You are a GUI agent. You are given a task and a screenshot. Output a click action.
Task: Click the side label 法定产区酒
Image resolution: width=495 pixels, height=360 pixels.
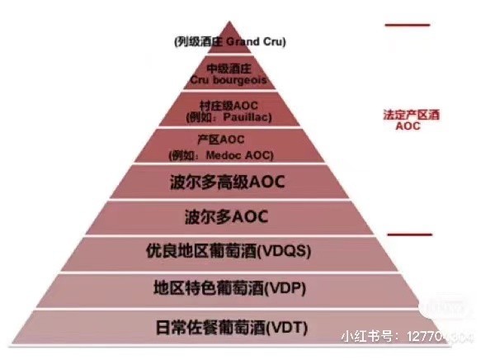412,116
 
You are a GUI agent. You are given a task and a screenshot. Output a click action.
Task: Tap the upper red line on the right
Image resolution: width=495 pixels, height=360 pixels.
407,25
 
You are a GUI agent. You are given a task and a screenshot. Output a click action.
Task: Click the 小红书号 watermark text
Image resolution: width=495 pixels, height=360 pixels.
369,336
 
